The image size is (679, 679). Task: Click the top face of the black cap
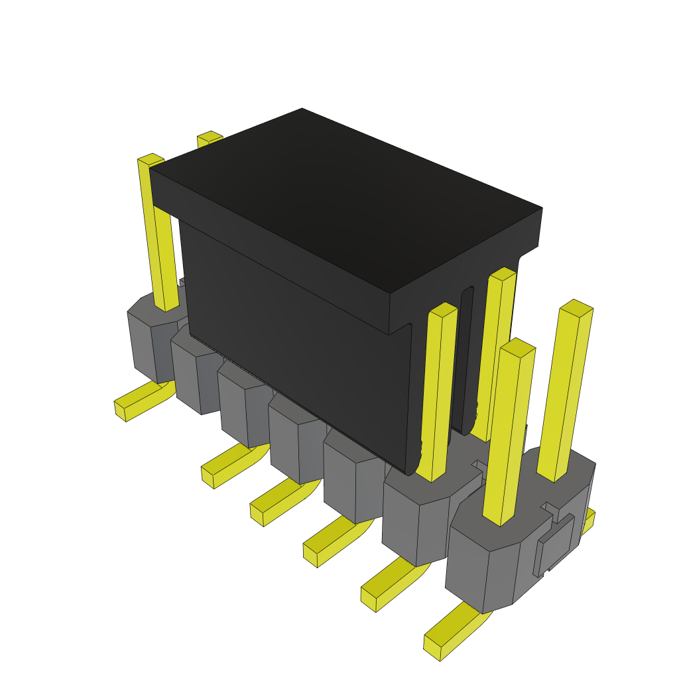345,199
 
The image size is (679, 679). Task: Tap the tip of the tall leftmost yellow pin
151,159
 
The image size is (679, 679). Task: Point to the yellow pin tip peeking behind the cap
210,137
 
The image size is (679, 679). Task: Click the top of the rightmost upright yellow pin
576,308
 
